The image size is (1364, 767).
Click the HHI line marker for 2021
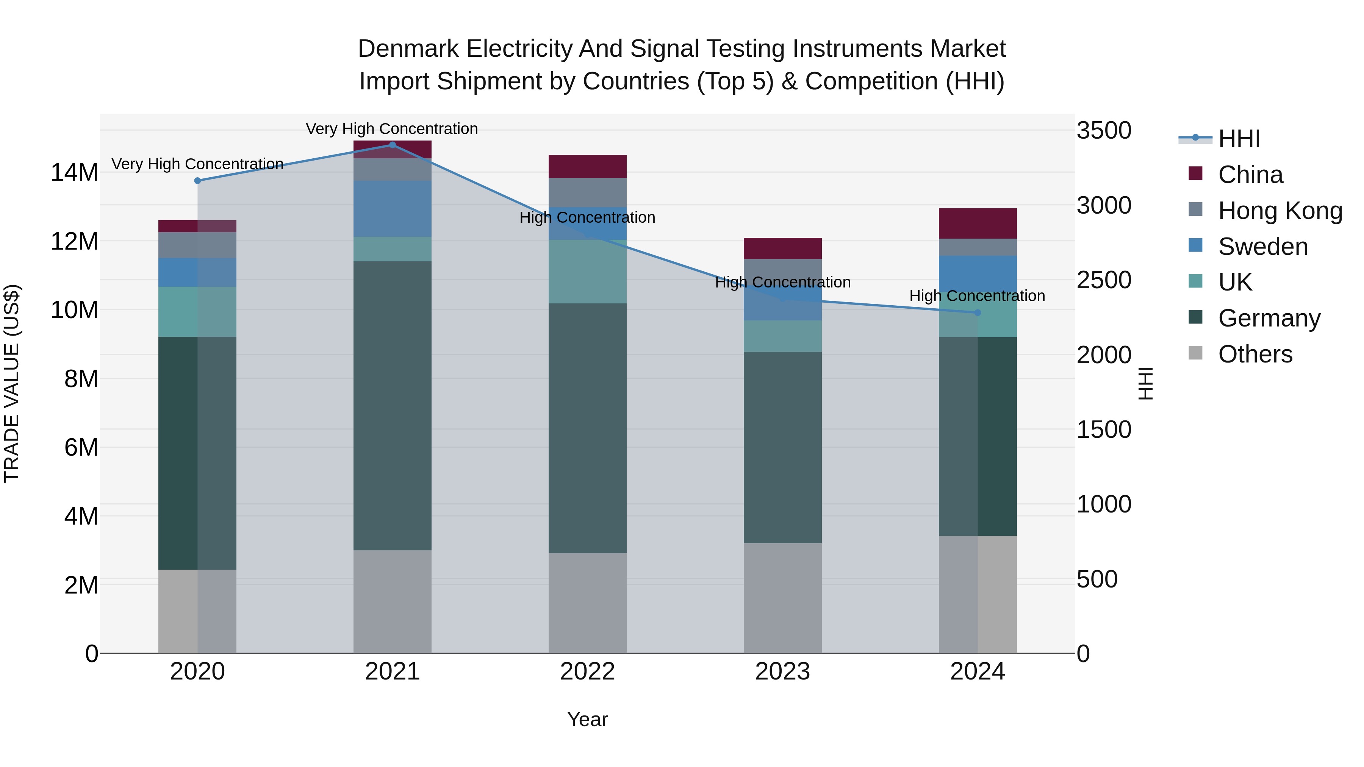pyautogui.click(x=393, y=145)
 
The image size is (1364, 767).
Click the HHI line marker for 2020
pyautogui.click(x=197, y=181)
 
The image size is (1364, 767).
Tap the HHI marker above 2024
pyautogui.click(x=978, y=313)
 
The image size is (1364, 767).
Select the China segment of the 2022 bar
pyautogui.click(x=587, y=166)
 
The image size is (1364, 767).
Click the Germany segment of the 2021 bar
pyautogui.click(x=393, y=405)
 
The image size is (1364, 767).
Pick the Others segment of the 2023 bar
pyautogui.click(x=783, y=598)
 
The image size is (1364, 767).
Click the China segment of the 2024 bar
pyautogui.click(x=978, y=223)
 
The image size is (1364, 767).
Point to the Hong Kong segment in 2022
pyautogui.click(x=587, y=192)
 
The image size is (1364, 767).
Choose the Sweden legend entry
pyautogui.click(x=1263, y=247)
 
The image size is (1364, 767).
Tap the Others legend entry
pyautogui.click(x=1255, y=354)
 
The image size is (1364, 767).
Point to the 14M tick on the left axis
pyautogui.click(x=74, y=173)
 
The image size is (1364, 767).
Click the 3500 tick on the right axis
pyautogui.click(x=1104, y=131)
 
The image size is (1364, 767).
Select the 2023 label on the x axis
pyautogui.click(x=783, y=672)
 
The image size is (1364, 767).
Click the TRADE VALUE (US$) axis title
pyautogui.click(x=12, y=383)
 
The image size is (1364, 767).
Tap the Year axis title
pyautogui.click(x=587, y=719)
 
